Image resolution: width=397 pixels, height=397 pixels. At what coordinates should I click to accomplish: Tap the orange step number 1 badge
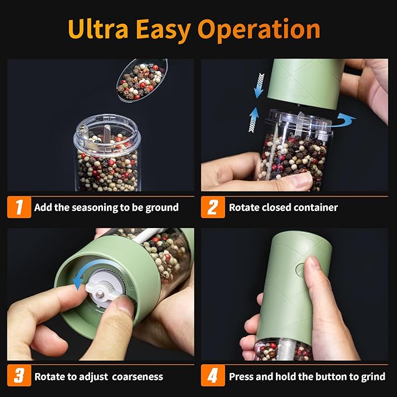[19, 207]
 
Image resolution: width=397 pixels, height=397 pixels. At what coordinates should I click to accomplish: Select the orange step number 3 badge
[19, 376]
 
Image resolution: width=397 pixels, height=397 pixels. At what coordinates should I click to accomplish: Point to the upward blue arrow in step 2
[253, 119]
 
